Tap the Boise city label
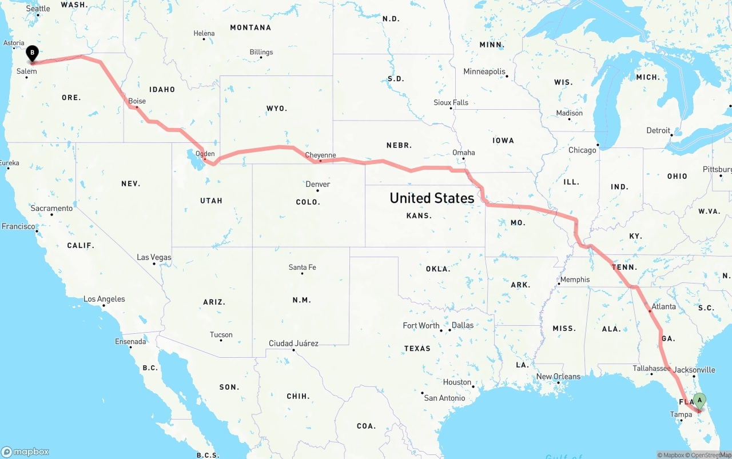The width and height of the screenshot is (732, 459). pos(137,101)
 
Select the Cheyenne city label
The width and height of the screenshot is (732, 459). pos(320,155)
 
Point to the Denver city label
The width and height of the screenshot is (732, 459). pos(317,184)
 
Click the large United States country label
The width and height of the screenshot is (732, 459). pos(432,198)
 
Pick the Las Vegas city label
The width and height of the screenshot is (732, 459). pos(154,257)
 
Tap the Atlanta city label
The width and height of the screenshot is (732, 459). pos(663,306)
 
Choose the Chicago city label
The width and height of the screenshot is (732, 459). pos(582,150)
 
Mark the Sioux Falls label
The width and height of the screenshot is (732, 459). pos(451,102)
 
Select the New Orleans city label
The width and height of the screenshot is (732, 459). pos(558,376)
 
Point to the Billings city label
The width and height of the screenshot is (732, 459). pos(261,52)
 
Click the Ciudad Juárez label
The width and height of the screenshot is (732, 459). pos(293,344)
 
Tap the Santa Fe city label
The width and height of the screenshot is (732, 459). pos(302,267)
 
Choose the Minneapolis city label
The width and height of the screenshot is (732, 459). pos(484,71)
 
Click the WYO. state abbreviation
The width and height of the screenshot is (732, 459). pos(277,108)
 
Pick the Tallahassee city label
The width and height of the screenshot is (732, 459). pos(651,368)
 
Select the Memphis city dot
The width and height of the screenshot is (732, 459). pos(559,285)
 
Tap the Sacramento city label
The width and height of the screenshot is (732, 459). pos(51,208)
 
